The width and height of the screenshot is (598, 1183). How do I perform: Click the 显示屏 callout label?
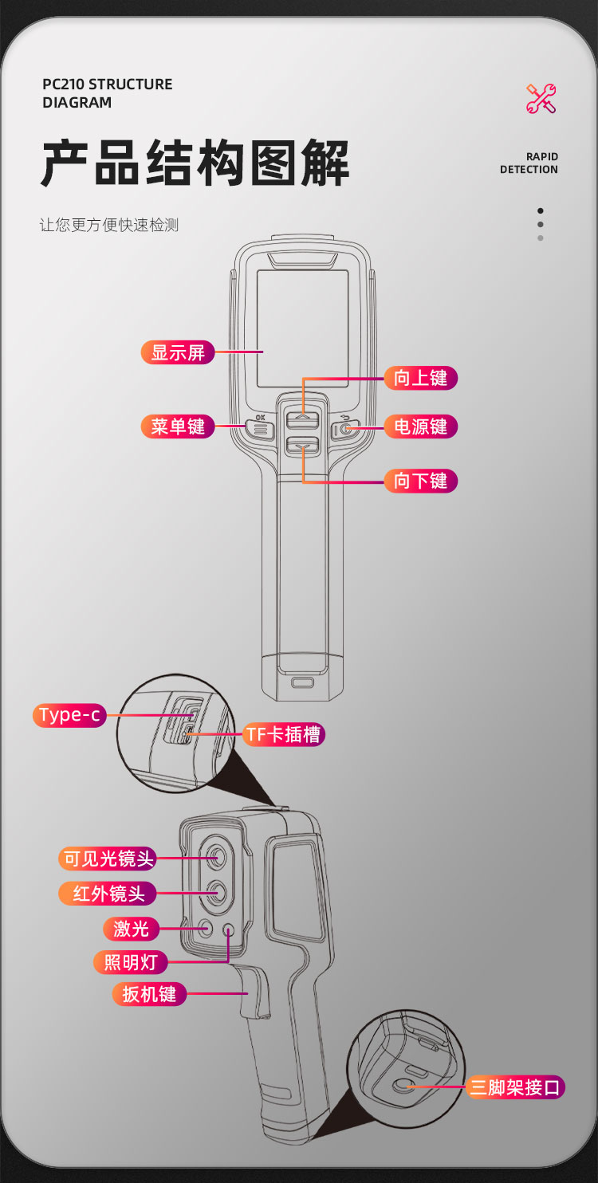pyautogui.click(x=178, y=352)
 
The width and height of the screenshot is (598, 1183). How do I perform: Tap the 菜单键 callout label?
pyautogui.click(x=178, y=426)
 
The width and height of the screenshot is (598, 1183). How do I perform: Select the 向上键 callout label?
pyautogui.click(x=420, y=378)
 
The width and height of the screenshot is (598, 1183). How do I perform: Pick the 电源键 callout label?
pyautogui.click(x=420, y=426)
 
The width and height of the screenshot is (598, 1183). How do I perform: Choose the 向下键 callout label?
pyautogui.click(x=420, y=481)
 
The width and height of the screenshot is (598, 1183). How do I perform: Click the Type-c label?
pyautogui.click(x=70, y=715)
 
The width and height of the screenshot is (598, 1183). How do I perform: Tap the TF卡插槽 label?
pyautogui.click(x=283, y=734)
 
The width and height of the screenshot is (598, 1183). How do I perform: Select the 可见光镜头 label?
pyautogui.click(x=108, y=859)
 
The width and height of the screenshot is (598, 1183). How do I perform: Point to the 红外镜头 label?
pyautogui.click(x=108, y=893)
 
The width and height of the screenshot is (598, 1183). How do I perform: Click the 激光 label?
pyautogui.click(x=131, y=928)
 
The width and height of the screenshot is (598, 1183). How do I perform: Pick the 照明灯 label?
pyautogui.click(x=131, y=962)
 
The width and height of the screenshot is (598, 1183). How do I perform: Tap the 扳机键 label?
pyautogui.click(x=148, y=994)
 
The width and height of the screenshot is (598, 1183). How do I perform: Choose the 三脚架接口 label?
pyautogui.click(x=516, y=1087)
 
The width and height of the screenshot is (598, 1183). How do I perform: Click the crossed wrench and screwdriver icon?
pyautogui.click(x=541, y=99)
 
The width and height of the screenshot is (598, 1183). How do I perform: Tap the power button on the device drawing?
pyautogui.click(x=346, y=430)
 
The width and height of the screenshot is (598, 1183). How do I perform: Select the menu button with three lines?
pyautogui.click(x=260, y=430)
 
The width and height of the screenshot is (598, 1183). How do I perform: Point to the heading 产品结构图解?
pyautogui.click(x=195, y=163)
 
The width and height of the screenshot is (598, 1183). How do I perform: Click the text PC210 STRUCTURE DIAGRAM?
pyautogui.click(x=107, y=93)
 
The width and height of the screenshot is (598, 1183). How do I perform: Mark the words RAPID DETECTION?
pyautogui.click(x=529, y=163)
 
